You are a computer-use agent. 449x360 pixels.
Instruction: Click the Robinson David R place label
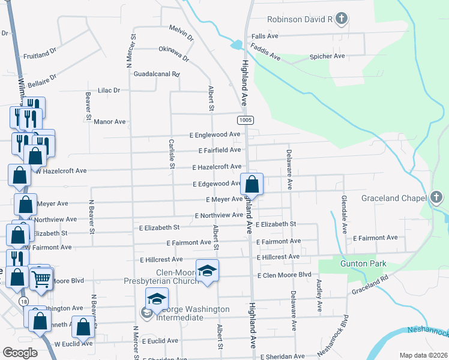(300, 20)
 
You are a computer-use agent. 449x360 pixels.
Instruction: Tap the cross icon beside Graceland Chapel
(436, 197)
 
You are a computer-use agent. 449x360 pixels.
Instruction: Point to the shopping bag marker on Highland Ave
(252, 185)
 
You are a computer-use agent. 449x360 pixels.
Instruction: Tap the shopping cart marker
(41, 279)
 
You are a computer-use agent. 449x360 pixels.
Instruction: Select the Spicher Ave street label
(327, 56)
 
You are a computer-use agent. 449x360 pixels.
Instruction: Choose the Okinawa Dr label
(173, 54)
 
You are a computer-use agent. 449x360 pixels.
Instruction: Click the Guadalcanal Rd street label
(157, 74)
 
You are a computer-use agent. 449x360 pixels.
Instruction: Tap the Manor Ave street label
(110, 121)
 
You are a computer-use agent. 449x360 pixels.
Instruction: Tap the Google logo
(20, 352)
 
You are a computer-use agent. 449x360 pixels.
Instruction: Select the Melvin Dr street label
(181, 32)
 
